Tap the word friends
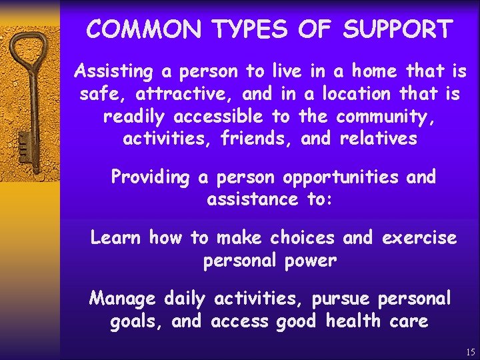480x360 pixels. [259, 139]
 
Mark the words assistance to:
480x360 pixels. [270, 199]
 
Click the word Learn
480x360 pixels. [116, 237]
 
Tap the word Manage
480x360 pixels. [122, 298]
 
